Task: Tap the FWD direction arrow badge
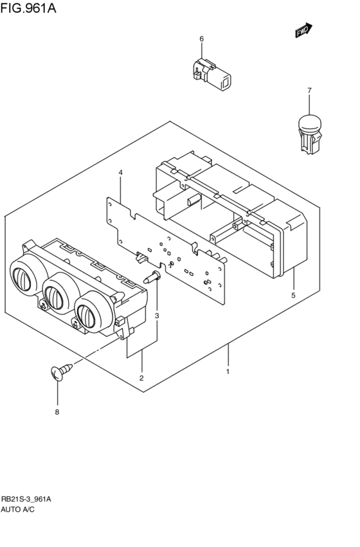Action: click(303, 30)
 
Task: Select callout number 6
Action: click(201, 39)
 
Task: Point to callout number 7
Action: click(309, 91)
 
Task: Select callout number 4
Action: click(120, 173)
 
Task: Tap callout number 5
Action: click(293, 296)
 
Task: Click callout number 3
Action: click(156, 315)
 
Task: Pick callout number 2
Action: click(141, 377)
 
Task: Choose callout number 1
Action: click(227, 371)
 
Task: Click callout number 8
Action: click(57, 412)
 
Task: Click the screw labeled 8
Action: click(59, 373)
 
